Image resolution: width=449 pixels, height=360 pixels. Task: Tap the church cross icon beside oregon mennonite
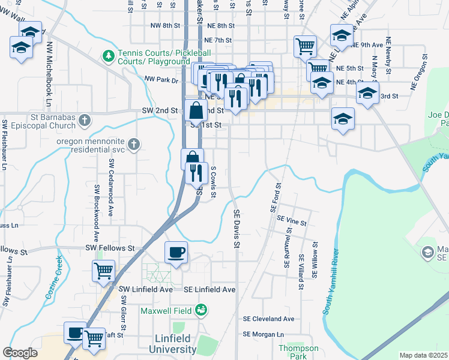(134, 143)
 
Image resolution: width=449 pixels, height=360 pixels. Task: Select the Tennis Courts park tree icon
(108, 56)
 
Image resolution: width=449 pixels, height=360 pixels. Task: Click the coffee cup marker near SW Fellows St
(176, 251)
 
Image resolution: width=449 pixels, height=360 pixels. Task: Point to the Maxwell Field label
(166, 311)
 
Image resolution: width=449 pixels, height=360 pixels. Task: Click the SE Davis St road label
(237, 229)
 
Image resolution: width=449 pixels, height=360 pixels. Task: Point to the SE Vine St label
(292, 222)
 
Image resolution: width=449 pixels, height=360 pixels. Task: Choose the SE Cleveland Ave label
(268, 319)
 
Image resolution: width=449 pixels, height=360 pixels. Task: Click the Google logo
(20, 353)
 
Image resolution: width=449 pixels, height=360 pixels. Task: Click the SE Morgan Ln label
(263, 334)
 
